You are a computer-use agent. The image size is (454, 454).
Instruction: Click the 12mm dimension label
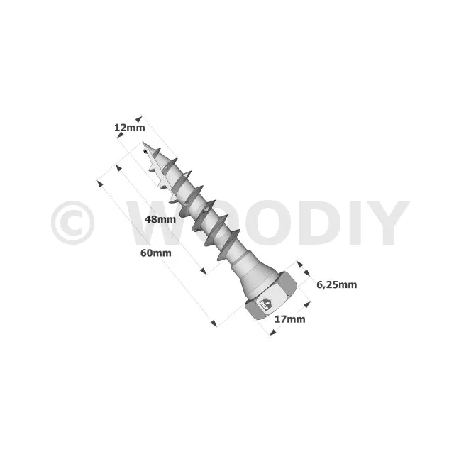point(129,128)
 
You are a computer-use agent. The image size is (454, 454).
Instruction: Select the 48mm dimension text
point(160,219)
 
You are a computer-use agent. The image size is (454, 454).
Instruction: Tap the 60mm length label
point(156,253)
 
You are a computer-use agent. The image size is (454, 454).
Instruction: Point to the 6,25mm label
point(336,285)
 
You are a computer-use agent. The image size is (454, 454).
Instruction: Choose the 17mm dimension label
point(290,319)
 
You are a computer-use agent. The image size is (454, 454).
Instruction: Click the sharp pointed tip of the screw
point(143,142)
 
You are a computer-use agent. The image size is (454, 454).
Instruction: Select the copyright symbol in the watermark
point(72,223)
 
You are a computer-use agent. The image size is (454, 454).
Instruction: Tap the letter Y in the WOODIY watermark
point(388,223)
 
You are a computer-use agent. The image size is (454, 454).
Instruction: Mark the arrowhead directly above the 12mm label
point(139,119)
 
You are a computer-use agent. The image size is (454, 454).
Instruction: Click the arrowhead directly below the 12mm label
point(120,134)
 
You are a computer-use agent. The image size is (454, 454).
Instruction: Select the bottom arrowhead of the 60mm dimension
point(214,323)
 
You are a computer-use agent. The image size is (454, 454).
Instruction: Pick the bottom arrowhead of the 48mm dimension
point(204,271)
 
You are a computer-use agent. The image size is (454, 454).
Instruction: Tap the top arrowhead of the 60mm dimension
point(100,184)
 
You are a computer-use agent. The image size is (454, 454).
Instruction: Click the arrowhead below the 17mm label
point(272,333)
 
